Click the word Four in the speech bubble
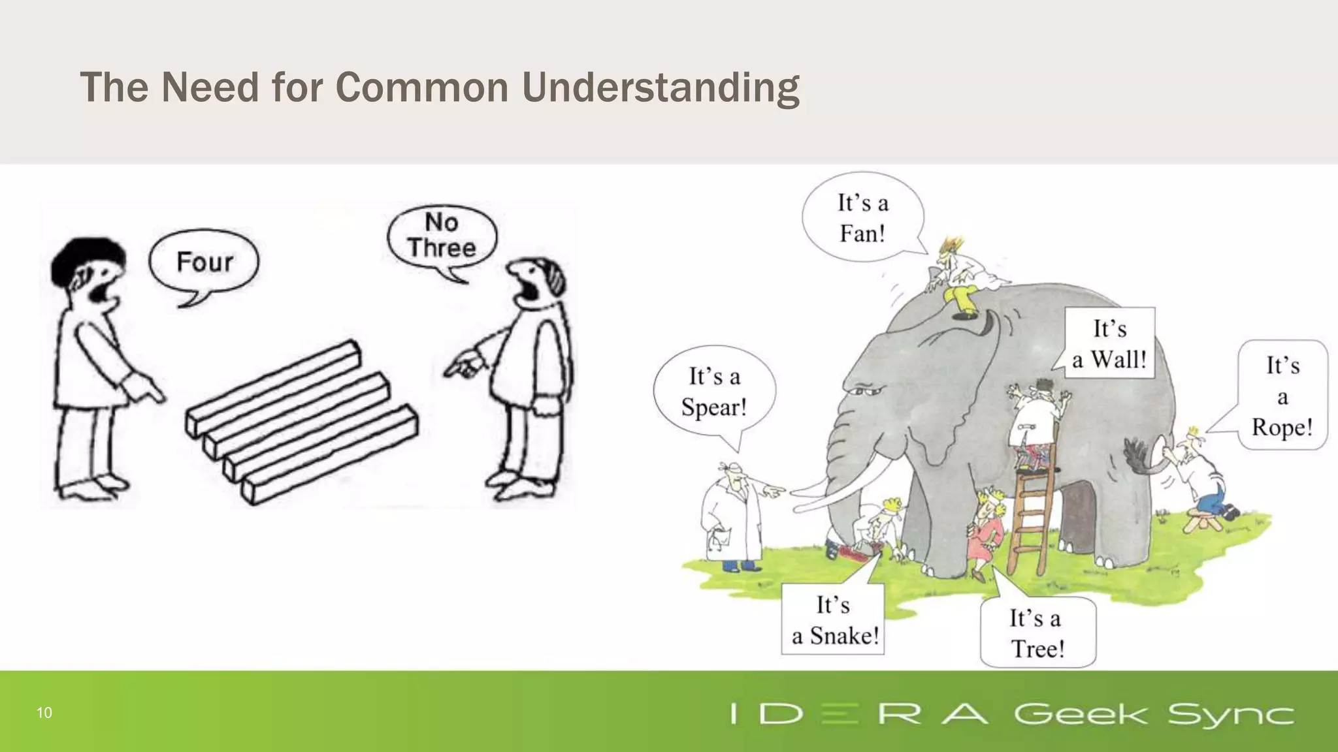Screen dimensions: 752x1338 click(x=204, y=262)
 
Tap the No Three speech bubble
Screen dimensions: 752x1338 click(x=442, y=236)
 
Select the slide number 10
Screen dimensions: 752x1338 click(x=44, y=713)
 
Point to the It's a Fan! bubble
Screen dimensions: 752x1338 click(x=862, y=218)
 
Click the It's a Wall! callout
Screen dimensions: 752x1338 click(x=1109, y=343)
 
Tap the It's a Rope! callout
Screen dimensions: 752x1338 click(x=1282, y=396)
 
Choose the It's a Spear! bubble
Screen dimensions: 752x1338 click(x=714, y=392)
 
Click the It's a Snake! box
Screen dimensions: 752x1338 click(x=834, y=619)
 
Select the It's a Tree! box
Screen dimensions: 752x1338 click(x=1037, y=633)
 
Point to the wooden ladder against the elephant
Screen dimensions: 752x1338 click(x=1032, y=516)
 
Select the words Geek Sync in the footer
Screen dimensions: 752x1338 click(x=1154, y=714)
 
